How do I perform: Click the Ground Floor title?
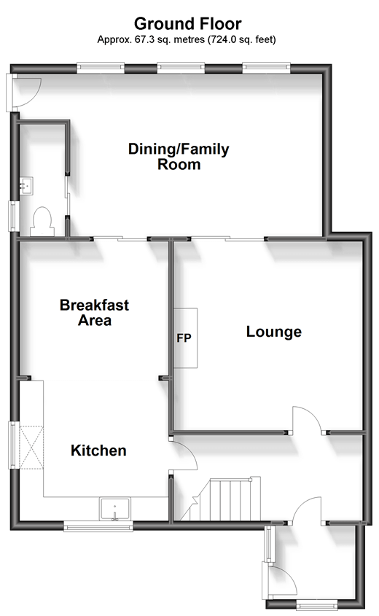click(188, 24)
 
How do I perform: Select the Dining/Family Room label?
click(179, 156)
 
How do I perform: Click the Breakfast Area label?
click(94, 312)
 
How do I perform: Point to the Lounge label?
click(274, 332)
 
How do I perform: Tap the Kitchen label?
click(98, 451)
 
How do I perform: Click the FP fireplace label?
click(184, 338)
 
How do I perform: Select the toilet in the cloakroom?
click(42, 222)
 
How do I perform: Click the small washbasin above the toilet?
click(27, 185)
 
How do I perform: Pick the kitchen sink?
click(114, 509)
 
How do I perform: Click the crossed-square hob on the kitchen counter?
click(31, 447)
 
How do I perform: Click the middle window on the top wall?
click(181, 69)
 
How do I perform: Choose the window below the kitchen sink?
click(98, 526)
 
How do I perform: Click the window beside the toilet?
click(14, 216)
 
